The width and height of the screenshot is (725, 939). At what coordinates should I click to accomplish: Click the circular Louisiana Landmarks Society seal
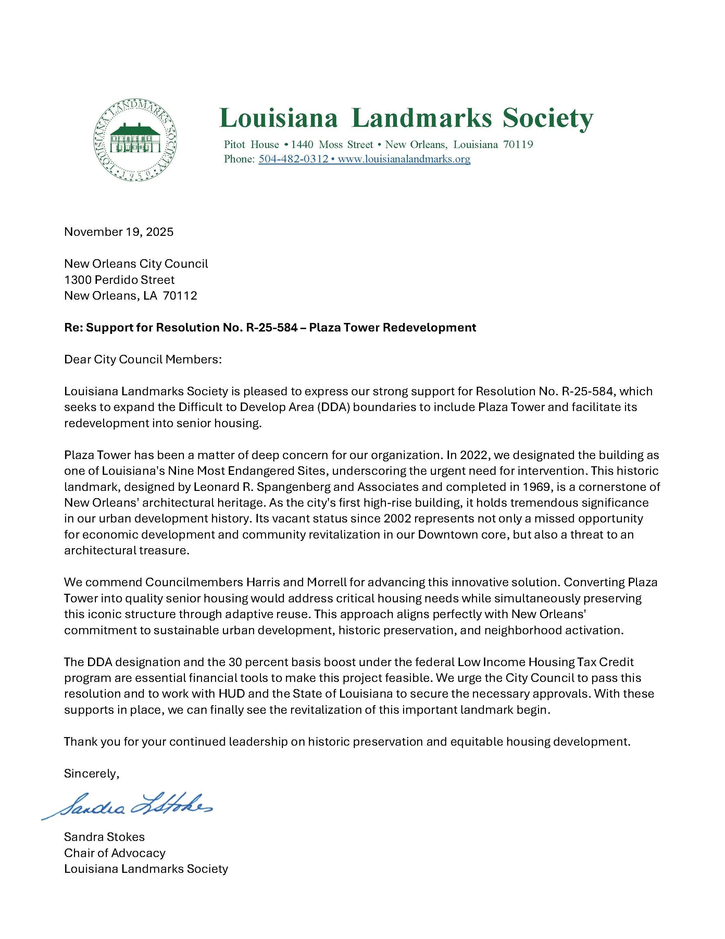click(135, 141)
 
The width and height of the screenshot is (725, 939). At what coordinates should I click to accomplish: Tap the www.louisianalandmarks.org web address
click(404, 159)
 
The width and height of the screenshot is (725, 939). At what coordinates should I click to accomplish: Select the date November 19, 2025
click(118, 232)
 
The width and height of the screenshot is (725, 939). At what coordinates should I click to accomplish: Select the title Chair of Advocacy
click(115, 853)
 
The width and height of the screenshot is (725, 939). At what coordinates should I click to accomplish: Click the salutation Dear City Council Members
click(142, 359)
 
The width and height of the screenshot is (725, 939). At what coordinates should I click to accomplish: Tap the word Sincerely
click(91, 773)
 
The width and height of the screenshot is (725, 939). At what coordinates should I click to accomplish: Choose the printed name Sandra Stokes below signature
click(104, 837)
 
